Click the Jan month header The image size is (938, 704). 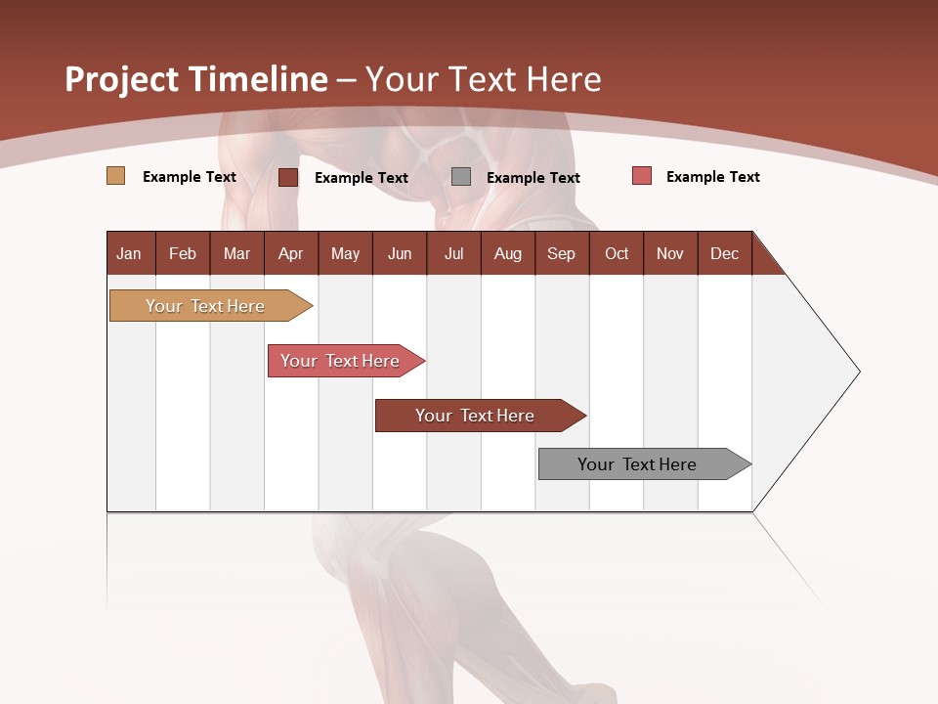[129, 253]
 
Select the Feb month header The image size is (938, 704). [183, 253]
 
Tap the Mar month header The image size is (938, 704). [236, 253]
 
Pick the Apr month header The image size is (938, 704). [290, 253]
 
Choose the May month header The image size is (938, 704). [345, 253]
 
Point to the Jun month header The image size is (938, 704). [400, 253]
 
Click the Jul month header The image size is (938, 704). [453, 253]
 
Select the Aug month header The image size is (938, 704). [507, 253]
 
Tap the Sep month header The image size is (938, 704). [561, 253]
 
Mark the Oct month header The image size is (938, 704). [617, 253]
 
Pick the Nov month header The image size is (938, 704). [670, 253]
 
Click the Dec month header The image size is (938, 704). [724, 253]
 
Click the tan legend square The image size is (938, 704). [115, 176]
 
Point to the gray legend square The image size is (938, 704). [461, 177]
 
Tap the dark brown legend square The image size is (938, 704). [288, 177]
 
